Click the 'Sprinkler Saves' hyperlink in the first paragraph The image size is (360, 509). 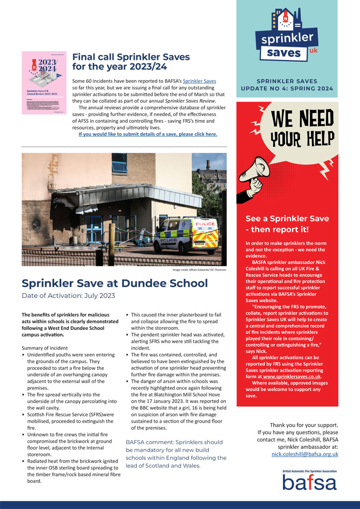(x=199, y=81)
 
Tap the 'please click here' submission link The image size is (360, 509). (x=148, y=134)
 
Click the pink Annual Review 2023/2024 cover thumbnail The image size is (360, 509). (x=44, y=82)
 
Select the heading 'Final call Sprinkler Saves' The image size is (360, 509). (x=131, y=57)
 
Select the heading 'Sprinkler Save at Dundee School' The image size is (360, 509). (x=115, y=283)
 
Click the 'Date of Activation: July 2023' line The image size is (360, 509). (x=68, y=296)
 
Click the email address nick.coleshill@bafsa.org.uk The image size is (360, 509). (x=305, y=455)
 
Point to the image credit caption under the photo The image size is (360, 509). (x=199, y=270)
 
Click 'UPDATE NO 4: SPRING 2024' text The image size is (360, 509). (x=287, y=89)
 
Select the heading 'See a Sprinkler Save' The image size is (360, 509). (x=287, y=219)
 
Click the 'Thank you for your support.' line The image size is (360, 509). (x=304, y=425)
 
